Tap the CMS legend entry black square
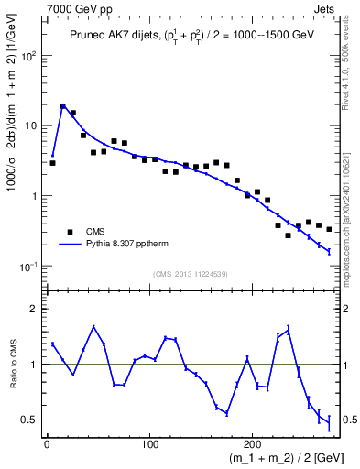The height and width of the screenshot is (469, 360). click(x=69, y=232)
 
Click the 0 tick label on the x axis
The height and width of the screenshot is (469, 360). click(x=47, y=444)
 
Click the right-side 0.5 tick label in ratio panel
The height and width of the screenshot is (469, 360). click(x=348, y=420)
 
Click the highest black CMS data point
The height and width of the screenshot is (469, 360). click(x=63, y=106)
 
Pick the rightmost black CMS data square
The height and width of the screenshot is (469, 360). click(x=329, y=229)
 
